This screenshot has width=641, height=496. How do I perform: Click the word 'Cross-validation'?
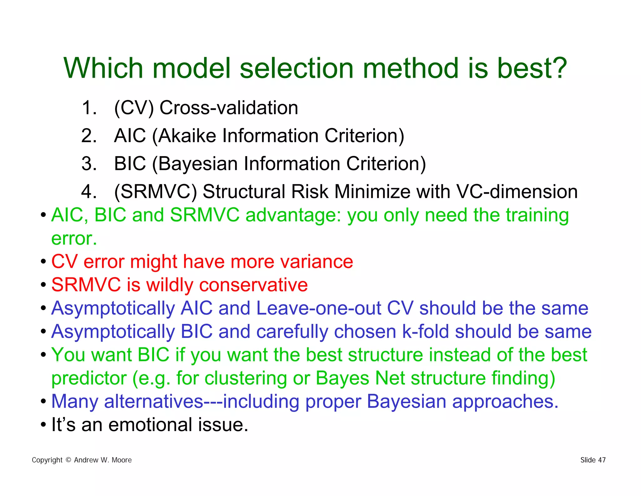[x=229, y=108]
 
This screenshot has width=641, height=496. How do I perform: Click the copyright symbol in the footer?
[x=68, y=460]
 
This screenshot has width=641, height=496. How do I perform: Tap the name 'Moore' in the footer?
[x=121, y=460]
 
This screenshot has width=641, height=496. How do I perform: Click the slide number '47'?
[x=602, y=460]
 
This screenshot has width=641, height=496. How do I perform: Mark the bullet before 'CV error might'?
[x=43, y=261]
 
